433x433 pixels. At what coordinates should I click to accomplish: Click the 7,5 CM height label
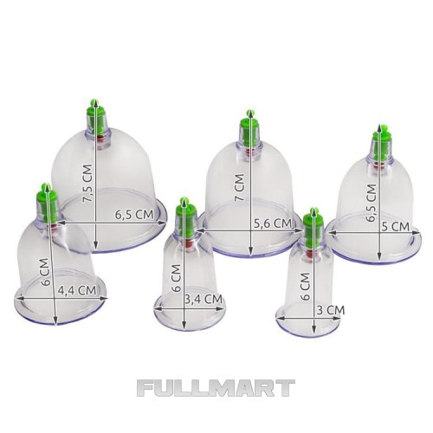(x=87, y=184)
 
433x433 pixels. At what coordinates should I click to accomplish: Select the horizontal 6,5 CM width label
(x=134, y=215)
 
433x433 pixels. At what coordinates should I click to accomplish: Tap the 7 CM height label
(x=240, y=187)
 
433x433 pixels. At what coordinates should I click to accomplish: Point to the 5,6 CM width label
(x=273, y=223)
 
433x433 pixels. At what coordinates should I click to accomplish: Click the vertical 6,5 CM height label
(x=371, y=203)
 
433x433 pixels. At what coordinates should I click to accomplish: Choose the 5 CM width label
(x=396, y=227)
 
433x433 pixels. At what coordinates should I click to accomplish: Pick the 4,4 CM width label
(x=77, y=290)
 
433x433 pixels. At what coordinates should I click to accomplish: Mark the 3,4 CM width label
(x=204, y=299)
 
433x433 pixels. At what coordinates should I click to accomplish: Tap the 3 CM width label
(x=331, y=310)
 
